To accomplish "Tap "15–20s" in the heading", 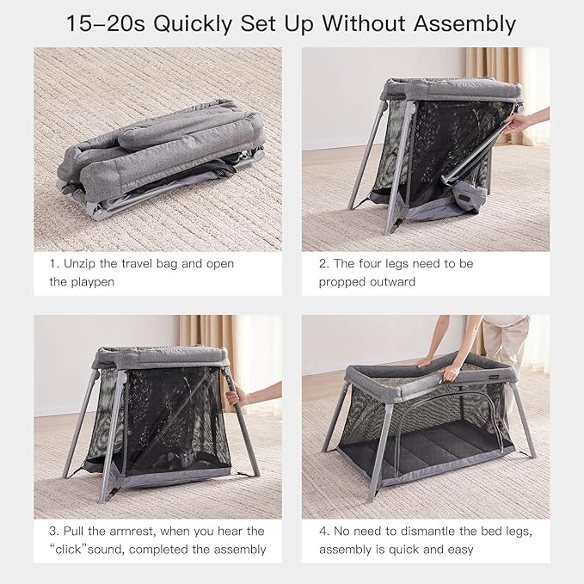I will pos(107,23).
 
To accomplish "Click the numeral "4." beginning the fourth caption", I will pos(323,532).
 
